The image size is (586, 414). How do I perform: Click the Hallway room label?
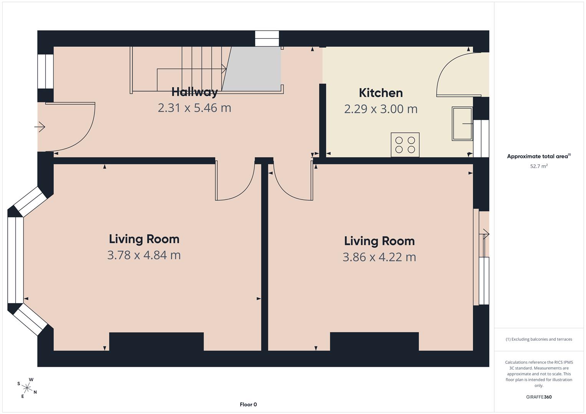[195, 92]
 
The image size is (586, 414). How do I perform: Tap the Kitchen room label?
[381, 93]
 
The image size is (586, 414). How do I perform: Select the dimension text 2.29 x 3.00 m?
[381, 109]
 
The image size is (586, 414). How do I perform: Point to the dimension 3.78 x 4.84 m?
[144, 255]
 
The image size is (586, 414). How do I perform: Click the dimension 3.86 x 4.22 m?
[379, 257]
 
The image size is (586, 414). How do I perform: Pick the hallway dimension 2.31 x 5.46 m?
[195, 108]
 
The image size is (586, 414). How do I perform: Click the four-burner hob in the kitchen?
[405, 145]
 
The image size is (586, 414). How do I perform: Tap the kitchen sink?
[462, 123]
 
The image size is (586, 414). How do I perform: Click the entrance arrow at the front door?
[40, 127]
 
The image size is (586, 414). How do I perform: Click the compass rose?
[27, 388]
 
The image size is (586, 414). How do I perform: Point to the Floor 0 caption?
[248, 404]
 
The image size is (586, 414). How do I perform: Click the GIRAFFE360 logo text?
[539, 397]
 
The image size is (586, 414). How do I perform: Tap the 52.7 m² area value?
[539, 166]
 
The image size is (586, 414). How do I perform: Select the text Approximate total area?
[537, 156]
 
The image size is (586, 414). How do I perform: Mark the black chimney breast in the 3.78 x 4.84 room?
[157, 341]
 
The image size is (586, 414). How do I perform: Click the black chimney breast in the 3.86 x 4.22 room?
[375, 341]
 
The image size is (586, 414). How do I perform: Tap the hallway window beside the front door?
[46, 71]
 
